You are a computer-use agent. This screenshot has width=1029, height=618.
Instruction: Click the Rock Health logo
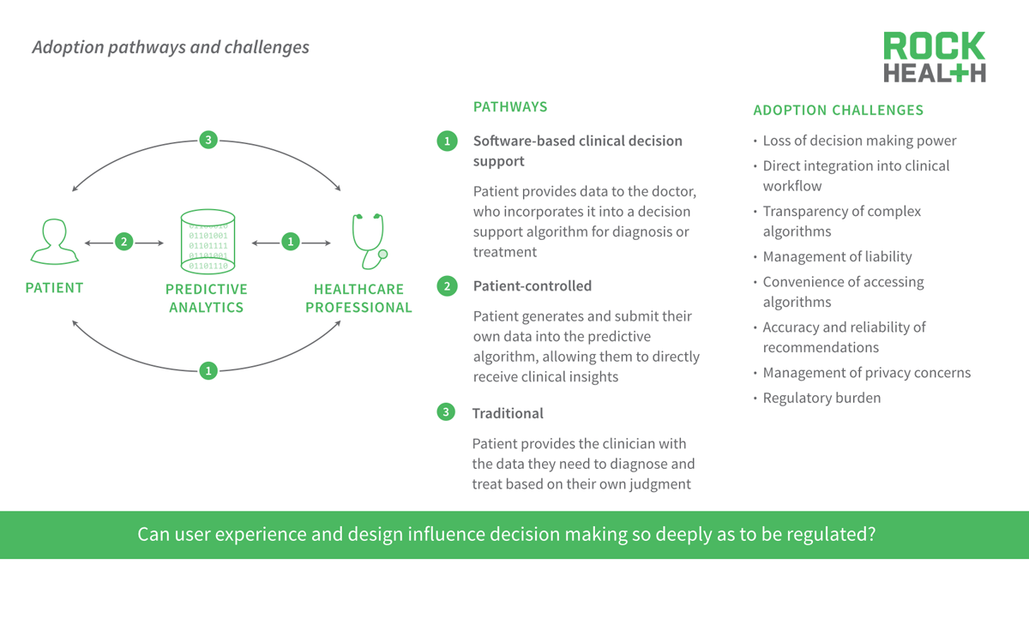pos(934,57)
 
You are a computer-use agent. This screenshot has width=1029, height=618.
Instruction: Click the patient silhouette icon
pos(55,242)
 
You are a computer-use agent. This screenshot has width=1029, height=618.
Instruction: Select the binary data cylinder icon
pos(208,242)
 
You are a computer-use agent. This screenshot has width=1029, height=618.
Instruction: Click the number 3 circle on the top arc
pos(208,140)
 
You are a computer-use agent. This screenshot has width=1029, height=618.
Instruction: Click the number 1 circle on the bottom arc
pos(208,370)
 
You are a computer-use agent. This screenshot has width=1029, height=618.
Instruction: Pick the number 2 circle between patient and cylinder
pos(124,242)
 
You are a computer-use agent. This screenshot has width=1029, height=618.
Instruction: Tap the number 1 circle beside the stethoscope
pos(291,242)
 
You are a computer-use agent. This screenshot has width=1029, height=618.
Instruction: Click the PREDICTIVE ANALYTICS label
pos(207,298)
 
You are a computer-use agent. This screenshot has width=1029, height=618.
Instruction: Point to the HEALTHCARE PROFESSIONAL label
pos(358,298)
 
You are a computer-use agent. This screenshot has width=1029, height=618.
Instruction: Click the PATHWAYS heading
pos(510,107)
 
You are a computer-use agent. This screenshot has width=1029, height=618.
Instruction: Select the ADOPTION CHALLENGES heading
pos(838,110)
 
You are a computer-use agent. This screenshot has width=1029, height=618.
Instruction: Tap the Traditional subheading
pos(507,413)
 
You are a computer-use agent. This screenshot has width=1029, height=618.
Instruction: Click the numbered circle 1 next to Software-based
pos(447,141)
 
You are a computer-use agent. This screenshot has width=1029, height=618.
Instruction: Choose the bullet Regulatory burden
pos(821,398)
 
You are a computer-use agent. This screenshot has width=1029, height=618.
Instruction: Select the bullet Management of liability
pos(837,256)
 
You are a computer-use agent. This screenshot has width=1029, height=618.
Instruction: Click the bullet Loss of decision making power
pos(859,141)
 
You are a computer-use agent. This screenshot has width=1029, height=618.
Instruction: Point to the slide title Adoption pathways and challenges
pos(171,47)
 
